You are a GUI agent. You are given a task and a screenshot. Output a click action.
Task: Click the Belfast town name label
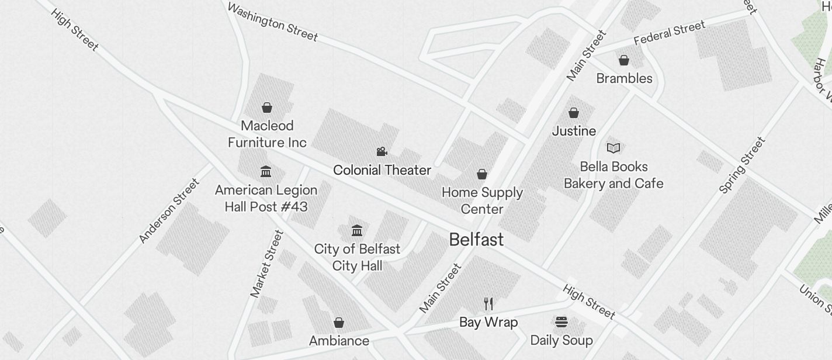pyautogui.click(x=476, y=240)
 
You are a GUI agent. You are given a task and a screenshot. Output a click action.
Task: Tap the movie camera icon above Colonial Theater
pyautogui.click(x=382, y=152)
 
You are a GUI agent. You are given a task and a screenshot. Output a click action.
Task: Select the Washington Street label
pyautogui.click(x=272, y=22)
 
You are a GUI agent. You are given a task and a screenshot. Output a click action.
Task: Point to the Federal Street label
pyautogui.click(x=670, y=33)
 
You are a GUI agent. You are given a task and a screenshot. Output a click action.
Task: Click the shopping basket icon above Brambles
pyautogui.click(x=624, y=60)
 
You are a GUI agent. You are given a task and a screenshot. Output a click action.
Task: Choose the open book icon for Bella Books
pyautogui.click(x=613, y=148)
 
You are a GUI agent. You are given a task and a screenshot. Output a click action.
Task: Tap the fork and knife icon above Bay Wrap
pyautogui.click(x=488, y=304)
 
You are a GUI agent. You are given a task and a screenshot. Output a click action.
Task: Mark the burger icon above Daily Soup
pyautogui.click(x=561, y=321)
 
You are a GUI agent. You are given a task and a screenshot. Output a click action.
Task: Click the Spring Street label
pyautogui.click(x=742, y=165)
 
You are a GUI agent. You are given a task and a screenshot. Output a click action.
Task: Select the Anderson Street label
pyautogui.click(x=169, y=210)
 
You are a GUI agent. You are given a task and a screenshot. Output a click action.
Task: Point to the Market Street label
pyautogui.click(x=267, y=264)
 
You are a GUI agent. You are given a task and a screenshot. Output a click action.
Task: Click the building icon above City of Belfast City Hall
pyautogui.click(x=357, y=230)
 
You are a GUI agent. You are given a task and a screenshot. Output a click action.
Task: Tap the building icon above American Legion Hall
pyautogui.click(x=266, y=171)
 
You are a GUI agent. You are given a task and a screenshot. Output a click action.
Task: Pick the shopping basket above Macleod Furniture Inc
pyautogui.click(x=267, y=108)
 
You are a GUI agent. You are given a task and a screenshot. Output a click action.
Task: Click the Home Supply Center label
pyautogui.click(x=482, y=200)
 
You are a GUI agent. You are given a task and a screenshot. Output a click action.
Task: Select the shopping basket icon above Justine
pyautogui.click(x=574, y=113)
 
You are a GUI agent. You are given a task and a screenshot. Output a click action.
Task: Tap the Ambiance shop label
pyautogui.click(x=339, y=341)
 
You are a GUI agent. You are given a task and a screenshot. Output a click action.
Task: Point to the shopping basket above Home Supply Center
pyautogui.click(x=482, y=174)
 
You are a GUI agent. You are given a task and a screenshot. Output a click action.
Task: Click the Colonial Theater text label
pyautogui.click(x=382, y=170)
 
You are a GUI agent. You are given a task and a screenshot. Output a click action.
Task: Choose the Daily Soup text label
pyautogui.click(x=561, y=340)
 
